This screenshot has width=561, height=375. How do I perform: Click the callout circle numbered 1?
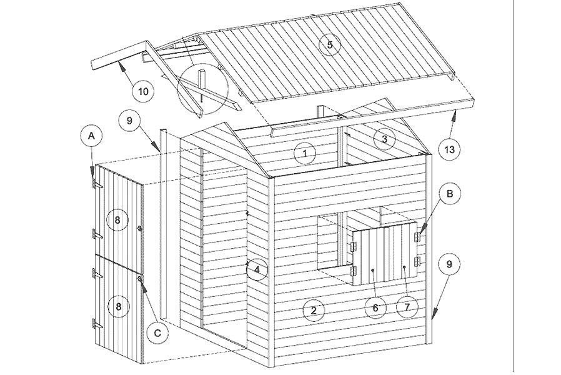coord(305,153)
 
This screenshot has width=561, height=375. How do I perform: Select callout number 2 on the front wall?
coord(314,310)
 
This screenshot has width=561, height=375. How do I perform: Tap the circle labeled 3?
coord(384,139)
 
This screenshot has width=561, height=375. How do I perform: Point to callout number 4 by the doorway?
coord(257,269)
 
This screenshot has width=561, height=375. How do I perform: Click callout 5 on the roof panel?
coord(329,45)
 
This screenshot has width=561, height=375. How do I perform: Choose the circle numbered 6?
coord(375,307)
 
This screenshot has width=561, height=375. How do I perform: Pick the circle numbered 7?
coord(407,306)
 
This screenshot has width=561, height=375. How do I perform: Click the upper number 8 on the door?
coord(117,219)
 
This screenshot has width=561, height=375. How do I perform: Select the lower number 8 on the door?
coord(119,306)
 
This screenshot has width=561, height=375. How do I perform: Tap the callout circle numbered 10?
coord(143,91)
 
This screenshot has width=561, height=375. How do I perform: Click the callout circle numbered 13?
coord(449,149)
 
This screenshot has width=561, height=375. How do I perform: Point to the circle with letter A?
coord(92,136)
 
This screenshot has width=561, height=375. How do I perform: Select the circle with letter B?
coord(450,194)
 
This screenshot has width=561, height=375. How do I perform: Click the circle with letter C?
coord(158,333)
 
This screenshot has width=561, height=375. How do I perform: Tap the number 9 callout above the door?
coord(129,120)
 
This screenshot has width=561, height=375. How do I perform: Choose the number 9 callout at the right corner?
coord(449,264)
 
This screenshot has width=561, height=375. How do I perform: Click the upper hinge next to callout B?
coord(417,236)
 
